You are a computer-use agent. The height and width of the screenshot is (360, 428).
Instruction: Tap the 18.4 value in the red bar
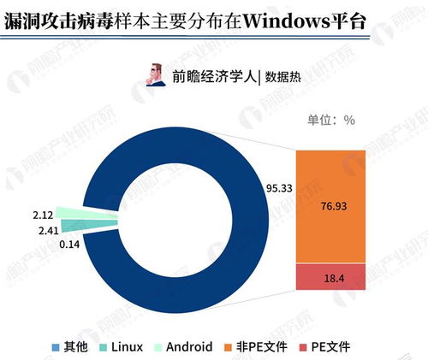click(330, 278)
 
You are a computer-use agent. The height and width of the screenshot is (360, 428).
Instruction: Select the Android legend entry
click(183, 346)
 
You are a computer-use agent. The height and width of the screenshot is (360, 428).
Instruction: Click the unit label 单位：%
click(324, 121)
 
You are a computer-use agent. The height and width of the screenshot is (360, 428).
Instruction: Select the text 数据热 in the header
click(282, 74)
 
